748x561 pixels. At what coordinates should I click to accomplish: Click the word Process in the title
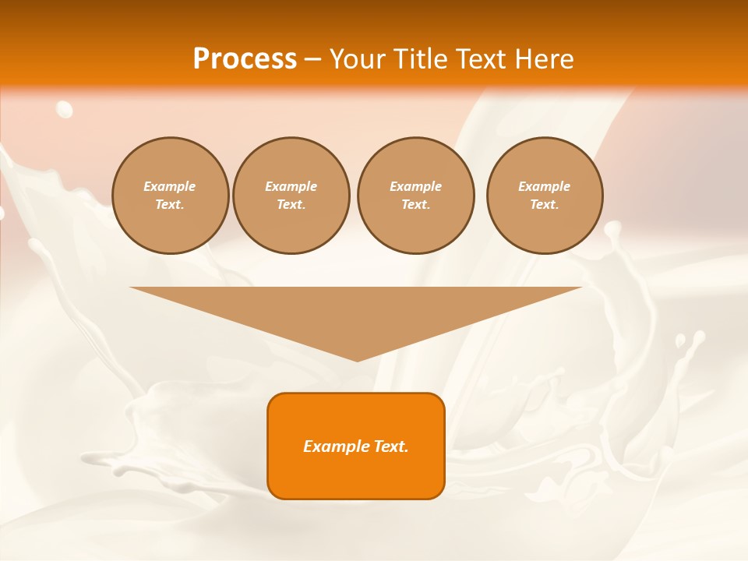[x=245, y=59]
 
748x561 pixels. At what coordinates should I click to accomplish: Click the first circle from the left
[x=171, y=196]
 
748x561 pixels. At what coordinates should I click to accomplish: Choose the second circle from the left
[x=291, y=196]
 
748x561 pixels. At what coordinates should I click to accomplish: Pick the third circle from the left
[x=416, y=196]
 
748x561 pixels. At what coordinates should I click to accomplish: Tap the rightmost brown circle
[x=545, y=196]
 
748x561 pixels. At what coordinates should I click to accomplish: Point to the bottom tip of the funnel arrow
[x=357, y=361]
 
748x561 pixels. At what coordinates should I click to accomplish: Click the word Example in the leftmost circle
[x=170, y=186]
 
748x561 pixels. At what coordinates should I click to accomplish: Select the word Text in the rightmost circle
[x=544, y=205]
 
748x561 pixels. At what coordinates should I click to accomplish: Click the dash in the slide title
[x=313, y=59]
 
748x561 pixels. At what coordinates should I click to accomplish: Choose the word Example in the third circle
[x=416, y=186]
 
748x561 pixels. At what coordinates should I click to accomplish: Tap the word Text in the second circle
[x=291, y=205]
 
